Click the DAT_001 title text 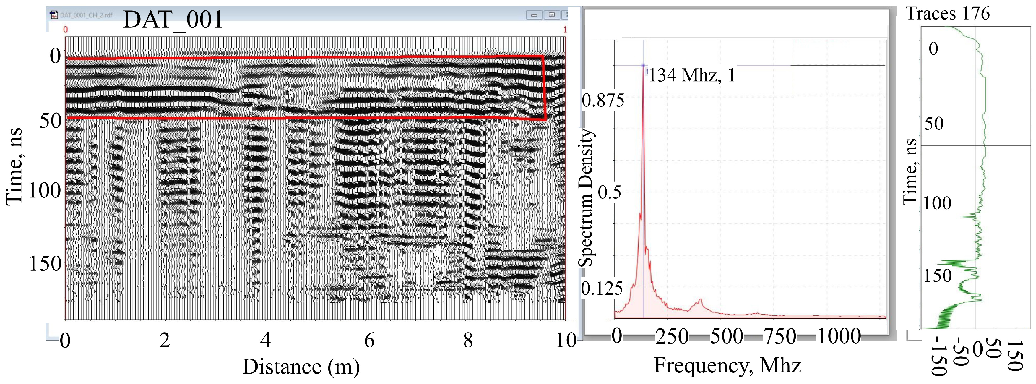[x=173, y=19]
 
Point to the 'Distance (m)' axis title [x=301, y=366]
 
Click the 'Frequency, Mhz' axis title [x=727, y=365]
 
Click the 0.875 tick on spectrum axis [x=603, y=100]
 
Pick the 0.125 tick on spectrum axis [x=602, y=288]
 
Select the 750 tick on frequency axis [x=780, y=336]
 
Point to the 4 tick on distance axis [x=265, y=341]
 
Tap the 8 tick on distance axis [x=468, y=341]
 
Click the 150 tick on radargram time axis [x=45, y=264]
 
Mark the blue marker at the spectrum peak [x=643, y=65]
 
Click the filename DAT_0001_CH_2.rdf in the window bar [x=86, y=15]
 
